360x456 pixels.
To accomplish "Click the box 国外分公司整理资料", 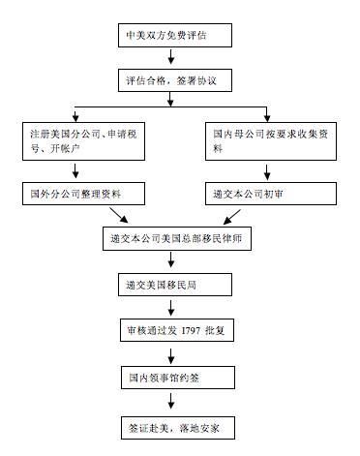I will point(86,194).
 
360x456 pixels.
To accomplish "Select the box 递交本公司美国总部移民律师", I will point(180,238).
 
